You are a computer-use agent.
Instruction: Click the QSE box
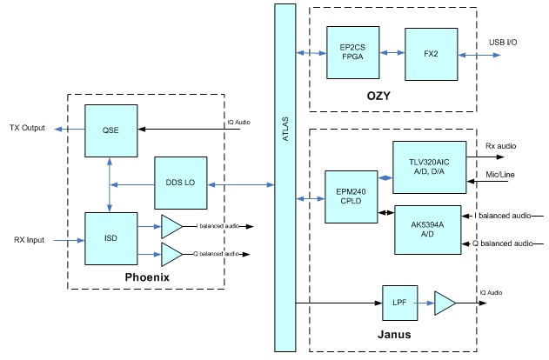110,130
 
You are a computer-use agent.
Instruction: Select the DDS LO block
179,183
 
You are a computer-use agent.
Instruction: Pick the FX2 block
430,53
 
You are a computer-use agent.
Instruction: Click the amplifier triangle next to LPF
445,303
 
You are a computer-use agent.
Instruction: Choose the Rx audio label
501,145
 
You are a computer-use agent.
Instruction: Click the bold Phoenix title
146,277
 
